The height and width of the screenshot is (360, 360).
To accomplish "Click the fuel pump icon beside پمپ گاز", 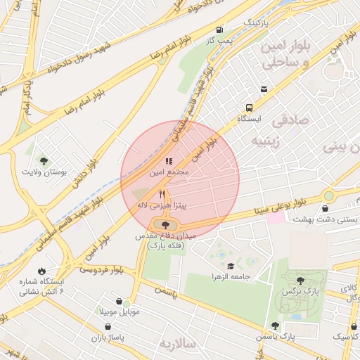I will (x=221, y=30).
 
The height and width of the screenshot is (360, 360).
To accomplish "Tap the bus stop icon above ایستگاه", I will (x=250, y=108).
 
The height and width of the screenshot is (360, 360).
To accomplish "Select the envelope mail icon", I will (x=264, y=89).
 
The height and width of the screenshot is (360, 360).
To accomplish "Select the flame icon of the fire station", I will (x=41, y=271).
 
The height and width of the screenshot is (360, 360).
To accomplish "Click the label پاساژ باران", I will (x=107, y=337).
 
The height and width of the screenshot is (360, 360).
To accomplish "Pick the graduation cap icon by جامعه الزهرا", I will (x=231, y=266).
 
